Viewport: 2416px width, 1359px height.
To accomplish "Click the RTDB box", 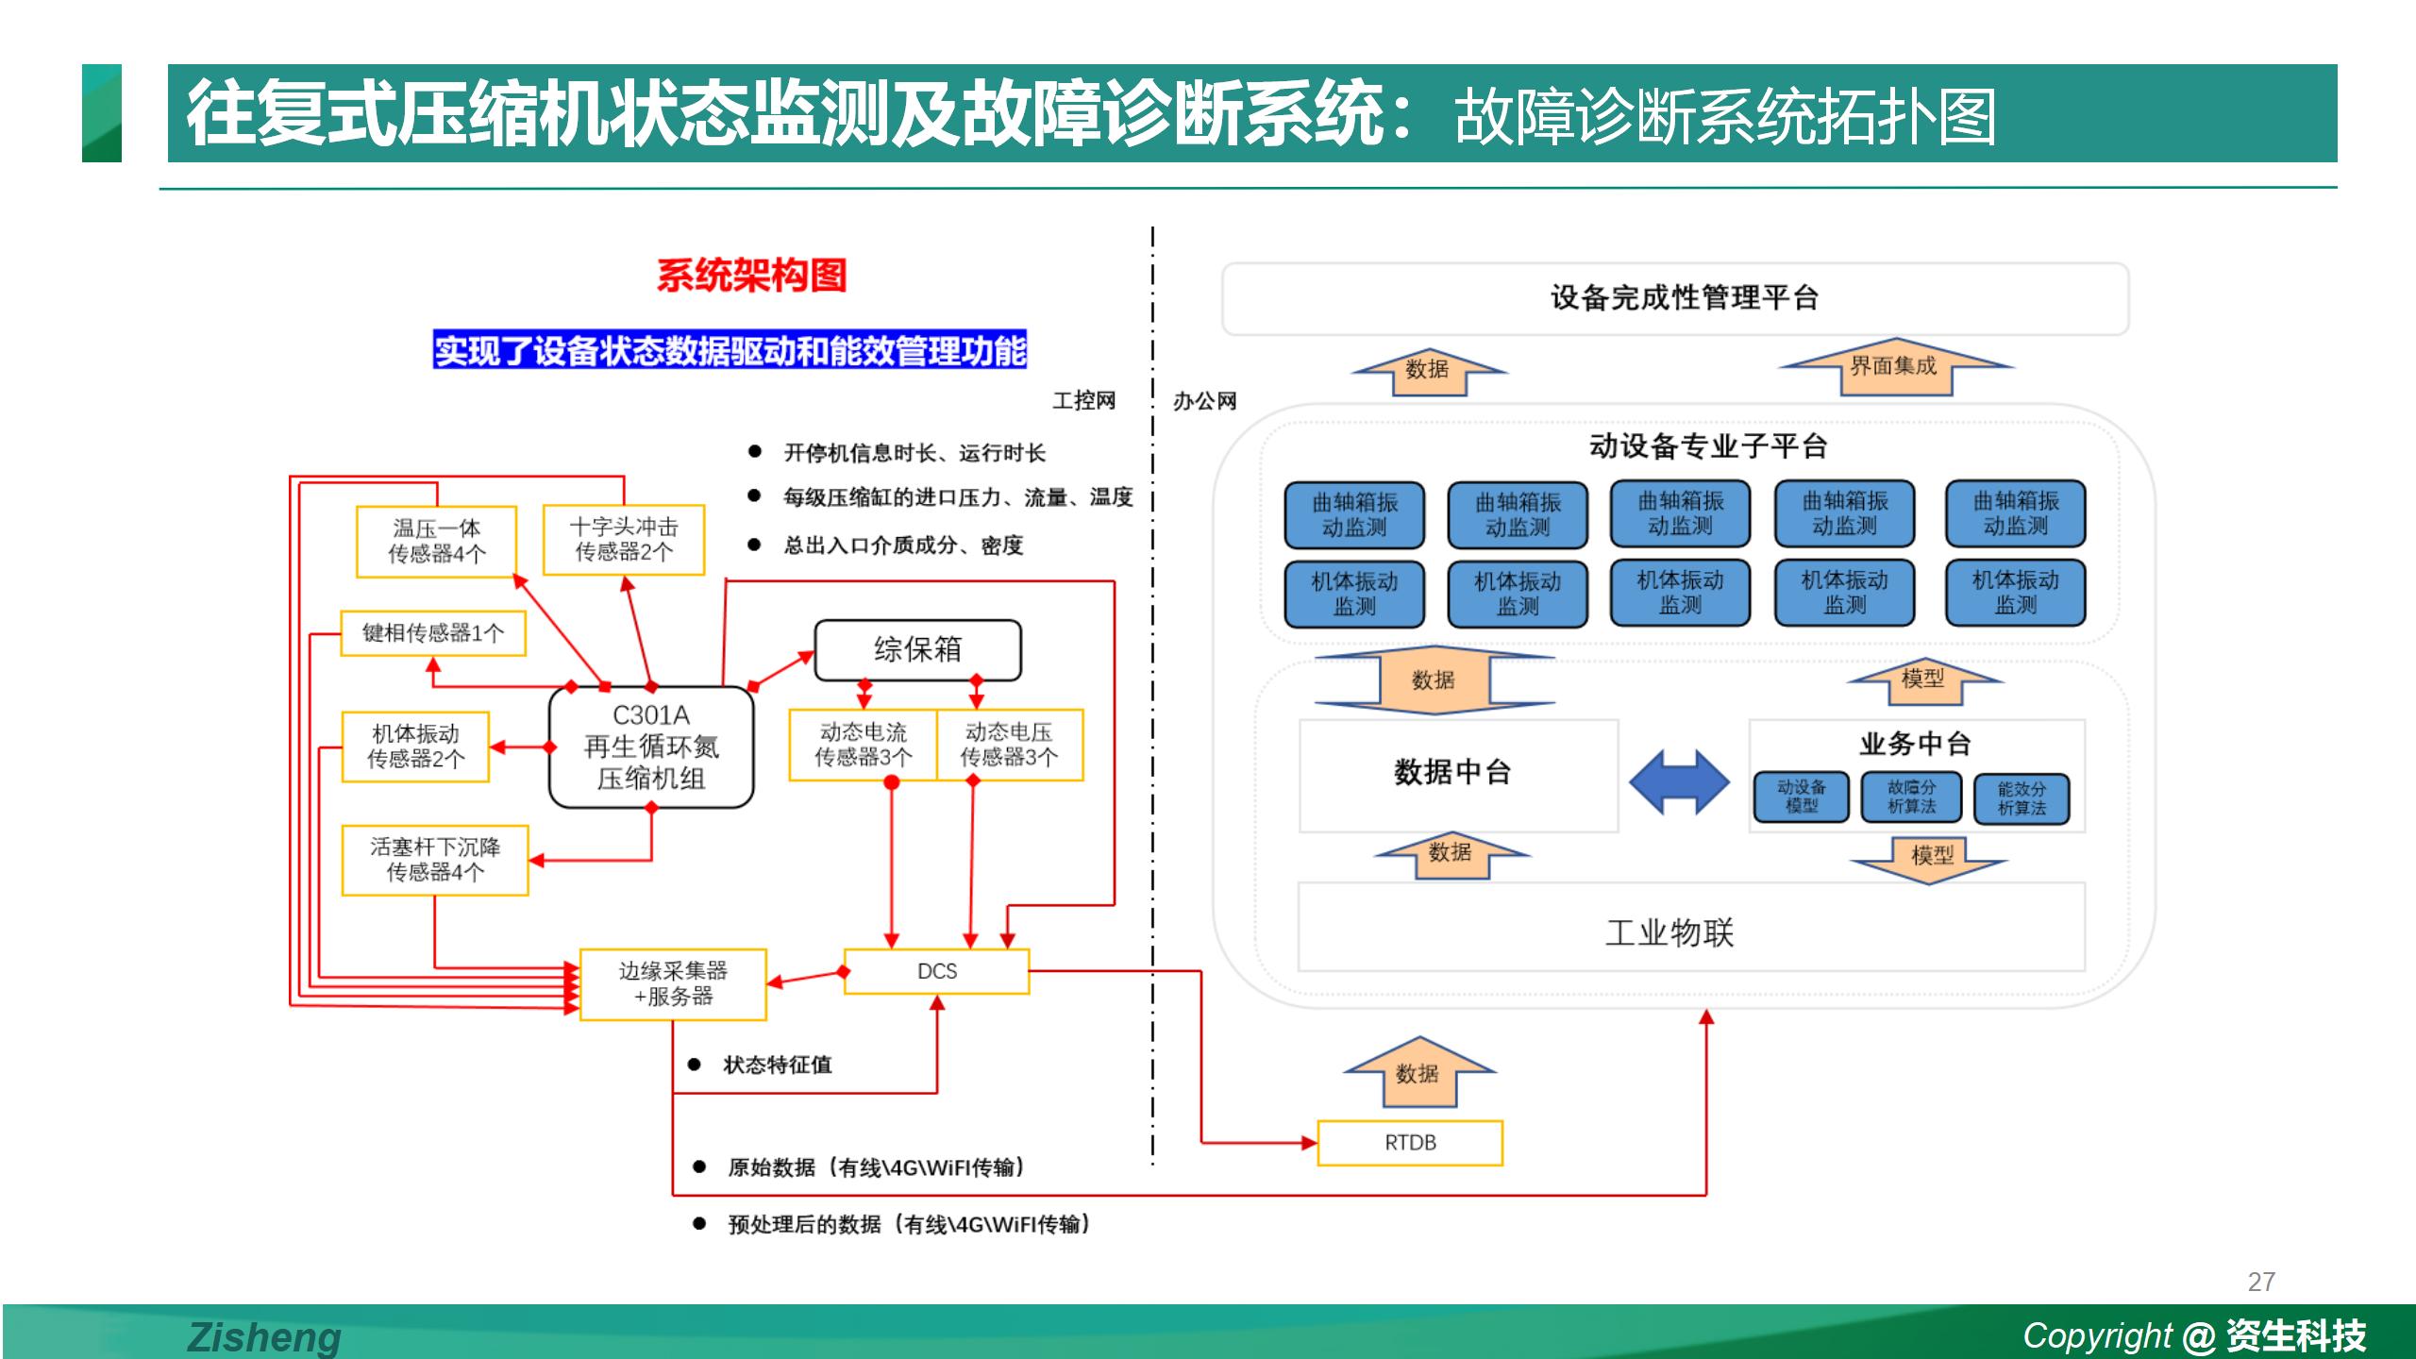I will click(x=1410, y=1143).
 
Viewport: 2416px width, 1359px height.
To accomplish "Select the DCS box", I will click(x=936, y=971).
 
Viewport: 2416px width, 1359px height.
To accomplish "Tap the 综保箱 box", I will click(x=917, y=649).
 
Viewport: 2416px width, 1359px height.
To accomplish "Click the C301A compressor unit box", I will click(x=651, y=747).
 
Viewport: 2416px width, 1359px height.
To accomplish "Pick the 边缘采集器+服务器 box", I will click(x=673, y=983).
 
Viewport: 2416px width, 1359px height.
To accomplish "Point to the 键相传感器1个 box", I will click(x=433, y=632).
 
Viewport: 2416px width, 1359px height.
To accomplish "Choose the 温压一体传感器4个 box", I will click(x=436, y=541).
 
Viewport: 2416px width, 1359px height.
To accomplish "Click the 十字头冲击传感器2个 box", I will click(x=624, y=539).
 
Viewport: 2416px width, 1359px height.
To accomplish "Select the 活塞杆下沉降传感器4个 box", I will click(x=435, y=859).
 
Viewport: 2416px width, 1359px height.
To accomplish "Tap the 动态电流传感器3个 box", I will click(x=863, y=745).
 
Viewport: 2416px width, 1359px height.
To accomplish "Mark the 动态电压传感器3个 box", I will click(x=1009, y=745).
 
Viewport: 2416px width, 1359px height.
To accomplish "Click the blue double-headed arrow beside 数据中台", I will click(x=1679, y=782).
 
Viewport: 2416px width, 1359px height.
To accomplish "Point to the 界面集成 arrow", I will click(x=1895, y=366).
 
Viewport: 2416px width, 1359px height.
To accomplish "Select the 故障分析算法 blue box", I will click(x=1911, y=797).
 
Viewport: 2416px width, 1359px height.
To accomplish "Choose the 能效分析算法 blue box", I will click(x=2022, y=798).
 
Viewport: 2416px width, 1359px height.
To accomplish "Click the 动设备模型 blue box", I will click(x=1801, y=797).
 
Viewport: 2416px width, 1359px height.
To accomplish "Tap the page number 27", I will click(x=2261, y=1282).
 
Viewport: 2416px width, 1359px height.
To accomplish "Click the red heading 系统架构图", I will click(x=751, y=276).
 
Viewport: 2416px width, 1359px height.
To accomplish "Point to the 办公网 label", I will click(x=1204, y=401).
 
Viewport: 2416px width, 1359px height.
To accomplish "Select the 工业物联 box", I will click(x=1670, y=931).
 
